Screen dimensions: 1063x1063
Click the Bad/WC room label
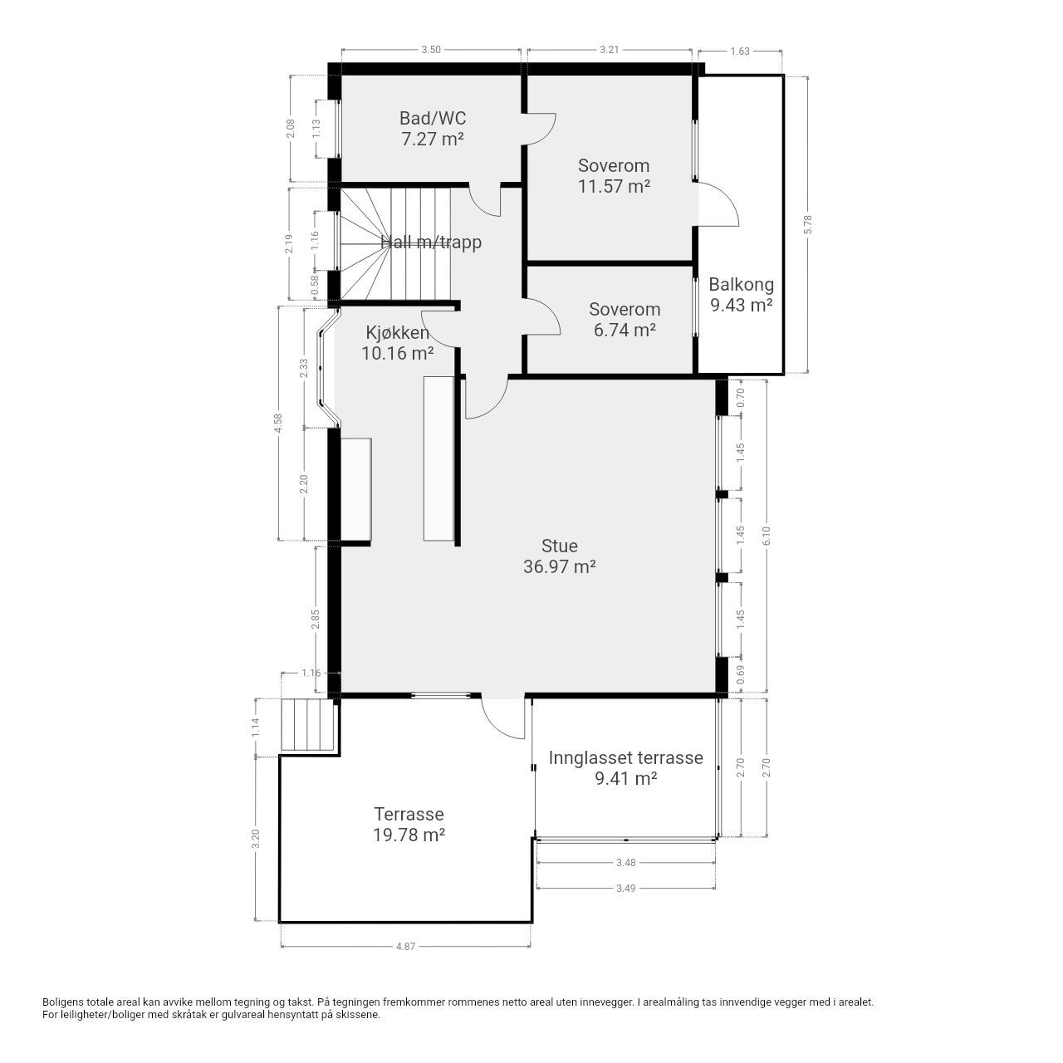click(x=433, y=118)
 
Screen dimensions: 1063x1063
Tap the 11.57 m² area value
click(x=614, y=187)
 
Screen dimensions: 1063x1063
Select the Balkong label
click(x=741, y=285)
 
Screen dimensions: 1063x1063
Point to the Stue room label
click(x=560, y=546)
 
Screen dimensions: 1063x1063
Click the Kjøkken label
click(x=397, y=333)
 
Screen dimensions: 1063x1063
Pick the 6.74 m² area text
click(x=625, y=330)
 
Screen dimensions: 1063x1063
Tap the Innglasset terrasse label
click(x=625, y=757)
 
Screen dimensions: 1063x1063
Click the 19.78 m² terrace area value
click(x=409, y=835)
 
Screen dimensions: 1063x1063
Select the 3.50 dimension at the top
click(x=431, y=50)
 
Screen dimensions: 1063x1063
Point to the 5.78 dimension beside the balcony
click(x=808, y=224)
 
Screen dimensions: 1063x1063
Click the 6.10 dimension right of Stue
click(x=767, y=536)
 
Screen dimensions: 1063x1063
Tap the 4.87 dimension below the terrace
click(x=405, y=947)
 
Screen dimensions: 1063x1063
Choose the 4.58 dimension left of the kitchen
click(x=278, y=424)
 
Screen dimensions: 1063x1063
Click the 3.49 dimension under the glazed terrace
click(x=625, y=888)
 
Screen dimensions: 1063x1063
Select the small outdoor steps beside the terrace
click(x=307, y=725)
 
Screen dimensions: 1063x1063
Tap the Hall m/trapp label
click(x=431, y=242)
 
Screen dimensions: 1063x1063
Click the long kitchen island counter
click(x=438, y=458)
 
